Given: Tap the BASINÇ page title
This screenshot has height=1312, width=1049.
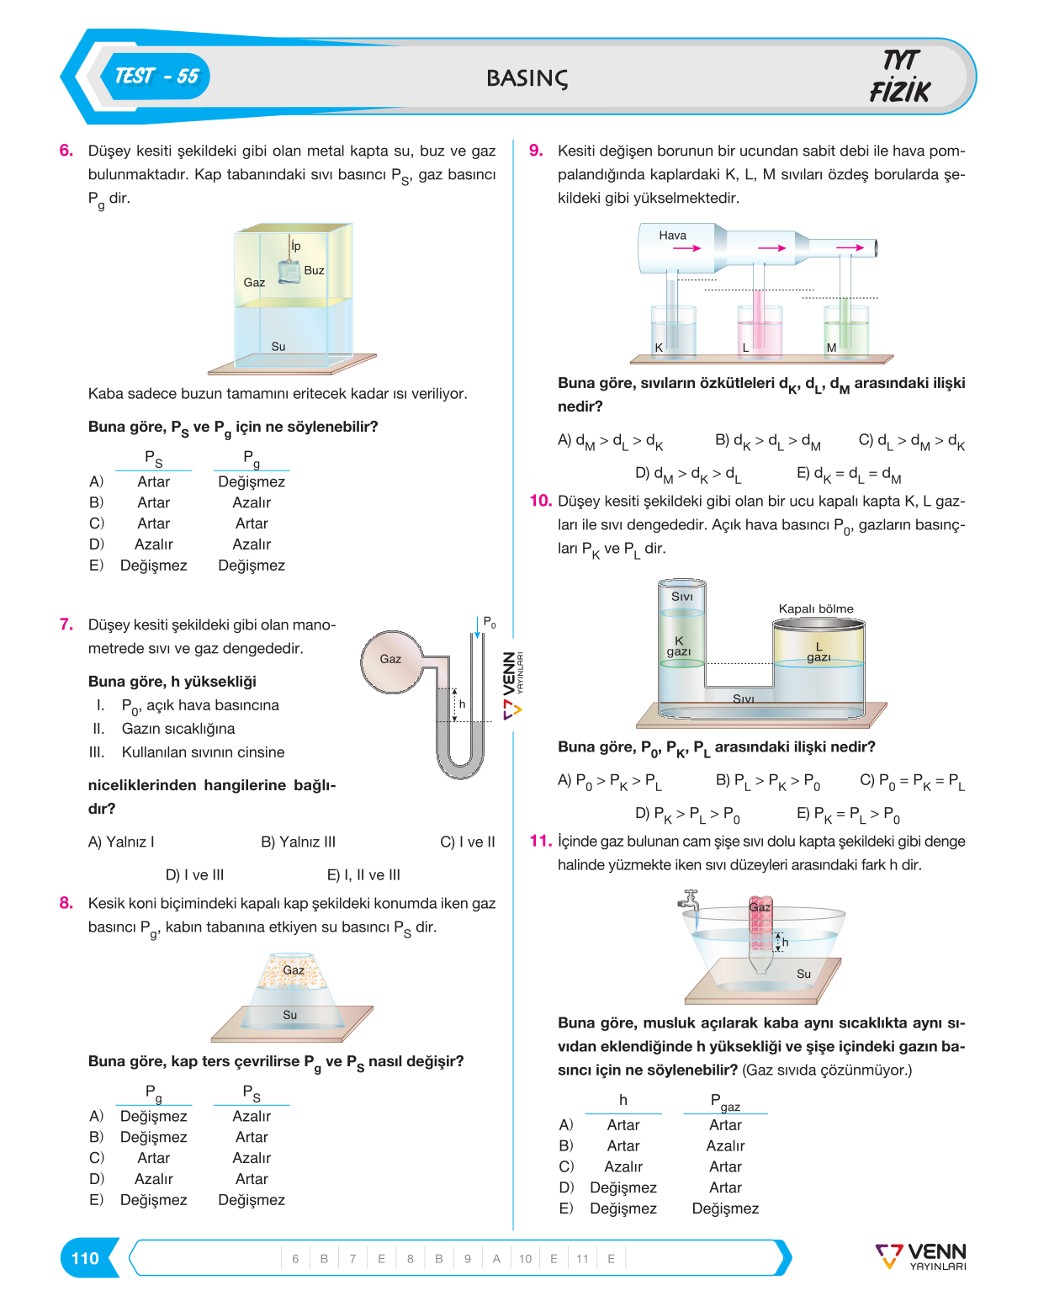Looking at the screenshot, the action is [527, 78].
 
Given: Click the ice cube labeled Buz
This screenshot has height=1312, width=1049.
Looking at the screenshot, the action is [289, 273].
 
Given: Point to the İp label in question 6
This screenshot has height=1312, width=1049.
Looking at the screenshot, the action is [295, 246].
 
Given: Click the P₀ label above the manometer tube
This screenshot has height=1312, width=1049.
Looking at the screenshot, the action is [490, 622].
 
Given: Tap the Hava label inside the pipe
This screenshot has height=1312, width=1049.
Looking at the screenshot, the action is [672, 236].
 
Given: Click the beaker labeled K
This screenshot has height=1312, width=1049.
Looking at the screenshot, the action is [674, 331].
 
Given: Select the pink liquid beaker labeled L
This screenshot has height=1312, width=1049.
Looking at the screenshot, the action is [760, 331].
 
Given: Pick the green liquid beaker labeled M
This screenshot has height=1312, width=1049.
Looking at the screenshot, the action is [846, 331].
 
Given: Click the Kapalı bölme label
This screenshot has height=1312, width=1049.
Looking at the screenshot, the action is [815, 608].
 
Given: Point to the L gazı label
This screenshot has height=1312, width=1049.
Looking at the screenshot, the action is [818, 651].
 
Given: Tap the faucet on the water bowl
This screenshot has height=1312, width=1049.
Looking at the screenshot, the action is [689, 900].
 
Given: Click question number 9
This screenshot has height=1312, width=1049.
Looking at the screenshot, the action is [536, 150].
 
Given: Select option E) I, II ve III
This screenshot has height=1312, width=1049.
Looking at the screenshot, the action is [363, 875].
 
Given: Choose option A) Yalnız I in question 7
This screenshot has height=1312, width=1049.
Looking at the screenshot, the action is [120, 842].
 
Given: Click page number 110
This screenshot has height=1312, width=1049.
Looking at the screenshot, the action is [85, 1258].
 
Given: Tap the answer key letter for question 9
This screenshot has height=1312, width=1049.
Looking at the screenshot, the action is [496, 1259].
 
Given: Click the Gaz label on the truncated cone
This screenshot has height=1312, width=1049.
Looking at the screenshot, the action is [294, 970].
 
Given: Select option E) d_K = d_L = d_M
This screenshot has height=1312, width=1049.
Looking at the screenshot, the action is [849, 475].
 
